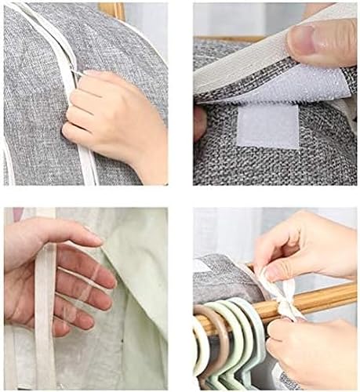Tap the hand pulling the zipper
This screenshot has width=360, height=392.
tap(110, 118)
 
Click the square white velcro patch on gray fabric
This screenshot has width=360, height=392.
tap(267, 125)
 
